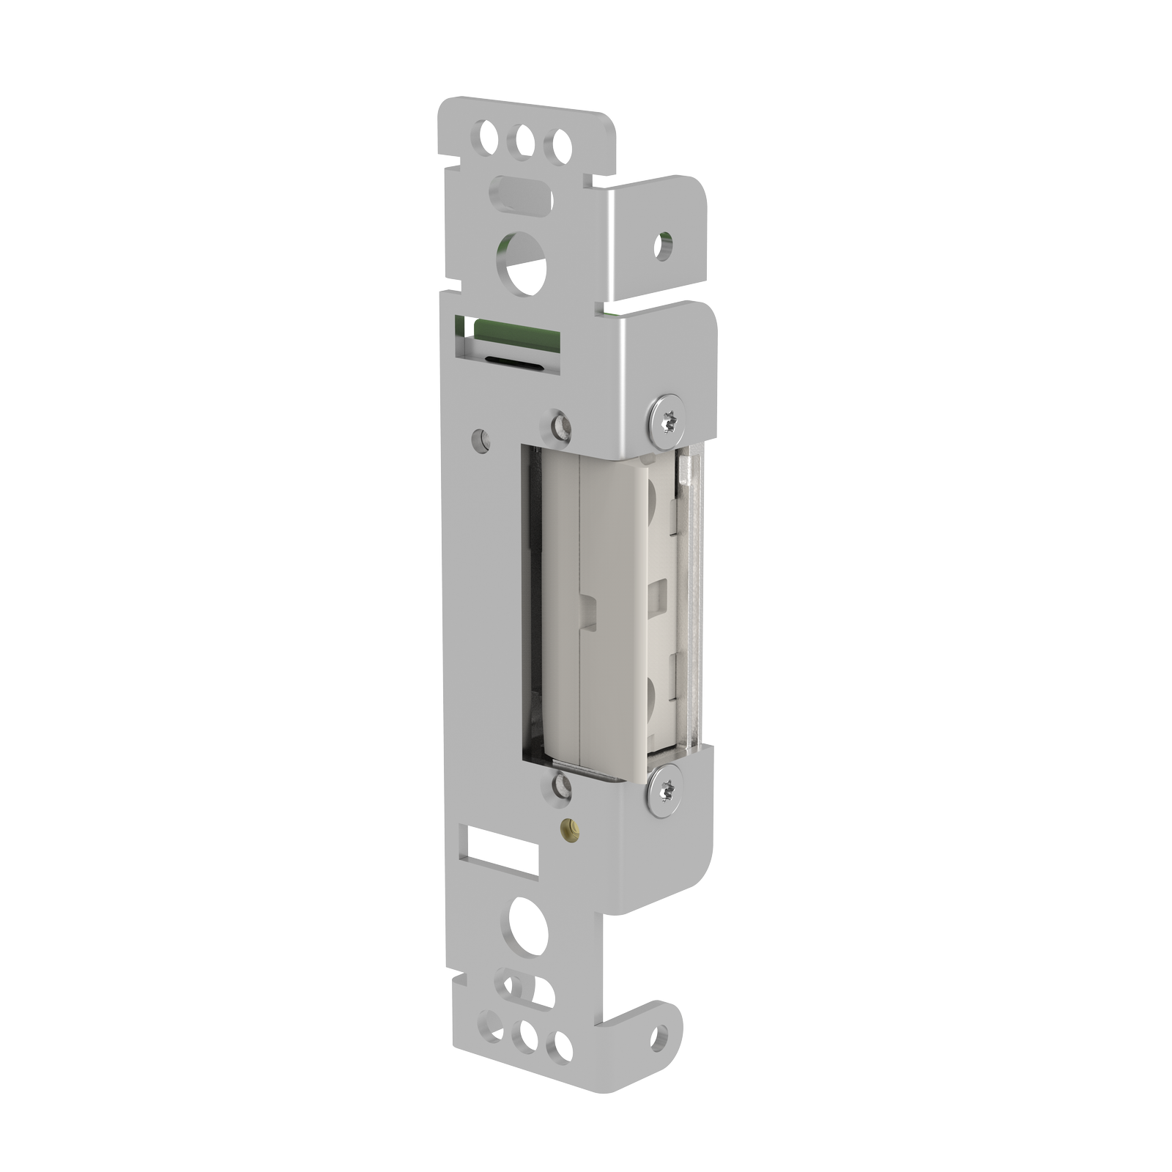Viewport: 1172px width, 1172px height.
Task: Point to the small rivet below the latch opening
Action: click(x=560, y=786)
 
